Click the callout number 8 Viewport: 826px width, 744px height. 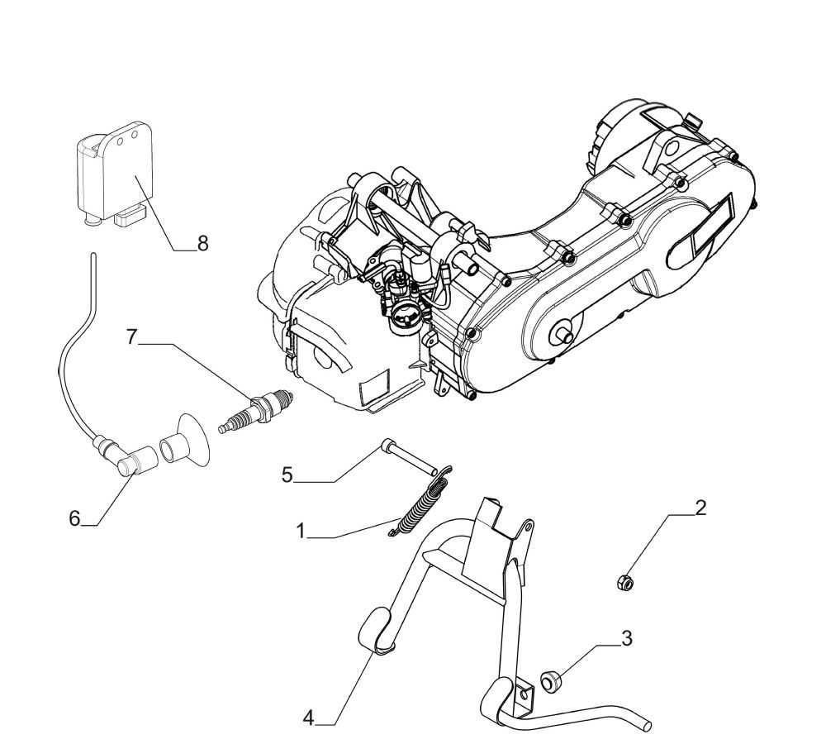202,243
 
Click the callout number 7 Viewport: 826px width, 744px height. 131,337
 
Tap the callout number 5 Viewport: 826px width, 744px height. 287,475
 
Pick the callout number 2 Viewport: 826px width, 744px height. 700,507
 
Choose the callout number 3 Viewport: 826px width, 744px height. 627,637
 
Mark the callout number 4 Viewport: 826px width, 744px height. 308,718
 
